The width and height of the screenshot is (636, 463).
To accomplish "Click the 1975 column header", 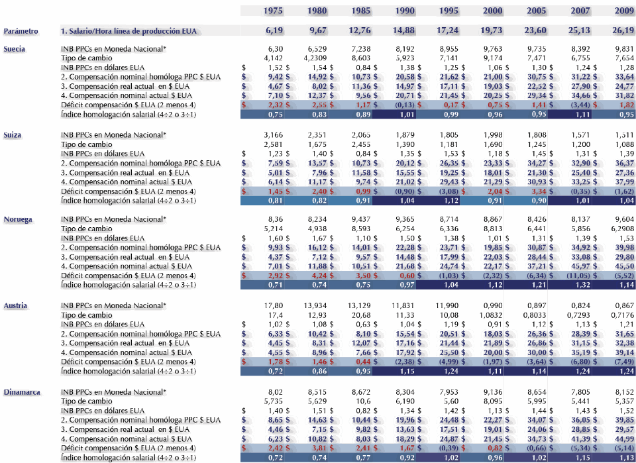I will tap(274, 11).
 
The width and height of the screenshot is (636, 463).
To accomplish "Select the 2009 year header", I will tap(624, 11).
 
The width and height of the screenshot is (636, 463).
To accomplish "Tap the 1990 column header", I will tap(405, 11).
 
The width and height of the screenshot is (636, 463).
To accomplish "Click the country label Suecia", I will tap(15, 49).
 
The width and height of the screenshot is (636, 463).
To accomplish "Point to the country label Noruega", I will tap(17, 219).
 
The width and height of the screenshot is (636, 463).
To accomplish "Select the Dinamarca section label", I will tap(21, 392).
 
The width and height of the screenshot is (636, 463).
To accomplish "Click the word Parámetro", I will tap(21, 31).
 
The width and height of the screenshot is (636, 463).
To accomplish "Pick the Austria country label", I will tap(16, 305).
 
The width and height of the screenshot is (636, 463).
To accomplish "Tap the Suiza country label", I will tap(13, 134).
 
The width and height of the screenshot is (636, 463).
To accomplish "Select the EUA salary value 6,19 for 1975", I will tap(274, 30).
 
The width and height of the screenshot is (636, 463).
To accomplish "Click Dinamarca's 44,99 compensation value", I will tap(624, 438).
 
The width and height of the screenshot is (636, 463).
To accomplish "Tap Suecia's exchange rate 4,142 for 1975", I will tap(274, 58).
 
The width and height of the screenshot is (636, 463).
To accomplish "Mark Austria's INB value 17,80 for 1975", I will tap(274, 305).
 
